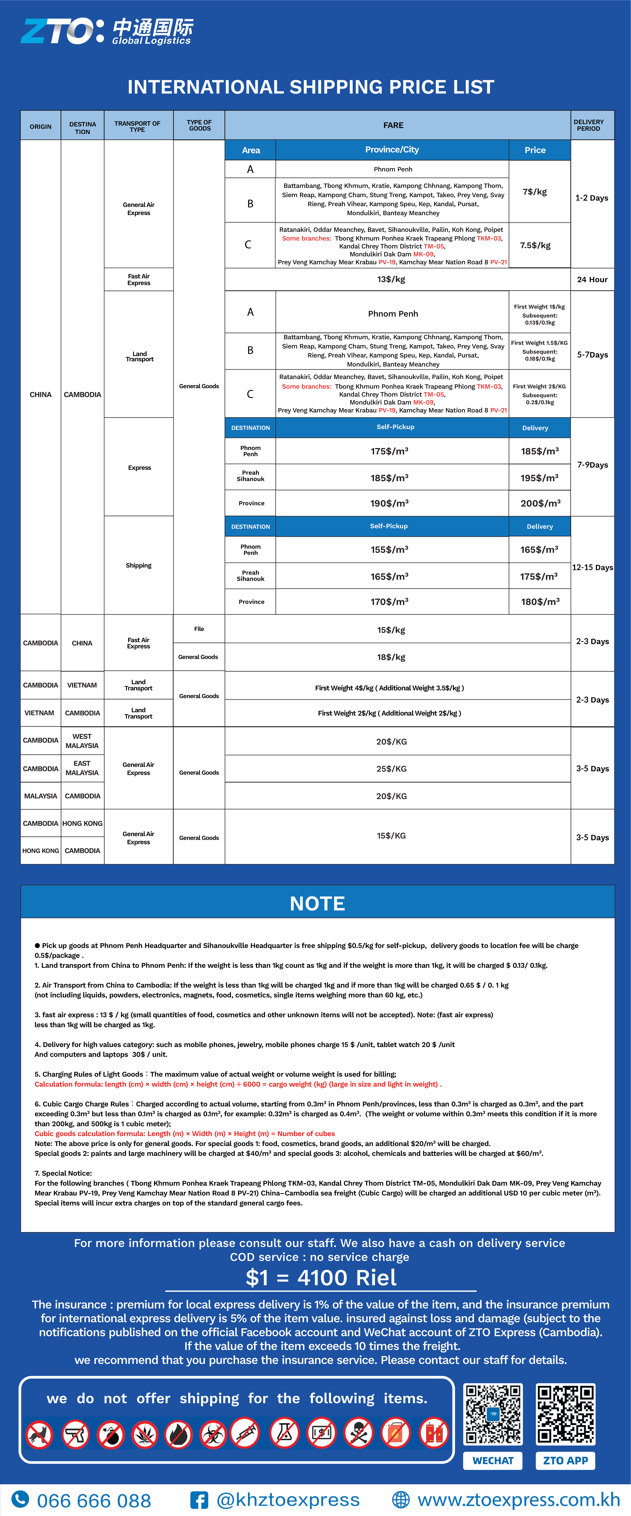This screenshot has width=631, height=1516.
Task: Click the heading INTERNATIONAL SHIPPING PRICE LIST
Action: (x=311, y=87)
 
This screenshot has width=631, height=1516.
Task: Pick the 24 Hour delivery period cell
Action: (x=592, y=279)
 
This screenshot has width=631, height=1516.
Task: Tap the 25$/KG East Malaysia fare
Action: (x=392, y=769)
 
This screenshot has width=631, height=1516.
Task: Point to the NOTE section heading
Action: (x=317, y=903)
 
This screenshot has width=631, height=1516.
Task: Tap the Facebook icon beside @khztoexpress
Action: (x=199, y=1500)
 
